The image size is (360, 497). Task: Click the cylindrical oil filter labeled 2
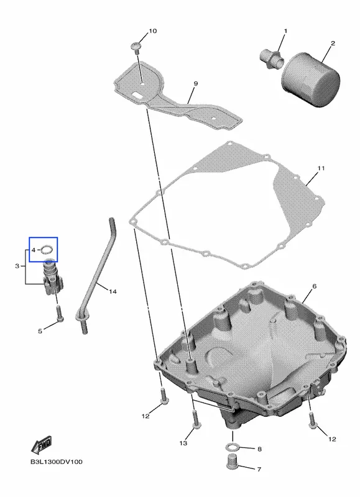click(310, 80)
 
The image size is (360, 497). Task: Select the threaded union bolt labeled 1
click(272, 58)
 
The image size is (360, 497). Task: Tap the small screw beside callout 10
click(136, 47)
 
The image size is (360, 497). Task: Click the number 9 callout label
click(195, 84)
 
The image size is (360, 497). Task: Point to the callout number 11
click(321, 168)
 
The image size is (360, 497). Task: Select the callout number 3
click(17, 266)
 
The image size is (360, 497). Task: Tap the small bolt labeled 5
click(60, 313)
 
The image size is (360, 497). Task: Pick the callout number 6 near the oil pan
click(314, 286)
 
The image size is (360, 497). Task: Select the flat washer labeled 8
click(232, 447)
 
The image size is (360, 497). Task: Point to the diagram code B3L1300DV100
click(57, 462)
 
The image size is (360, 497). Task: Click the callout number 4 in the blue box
click(34, 250)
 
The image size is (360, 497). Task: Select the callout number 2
click(333, 43)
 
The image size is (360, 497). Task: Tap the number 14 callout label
click(113, 291)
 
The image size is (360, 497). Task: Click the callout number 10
click(152, 30)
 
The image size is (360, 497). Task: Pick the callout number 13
click(183, 443)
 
